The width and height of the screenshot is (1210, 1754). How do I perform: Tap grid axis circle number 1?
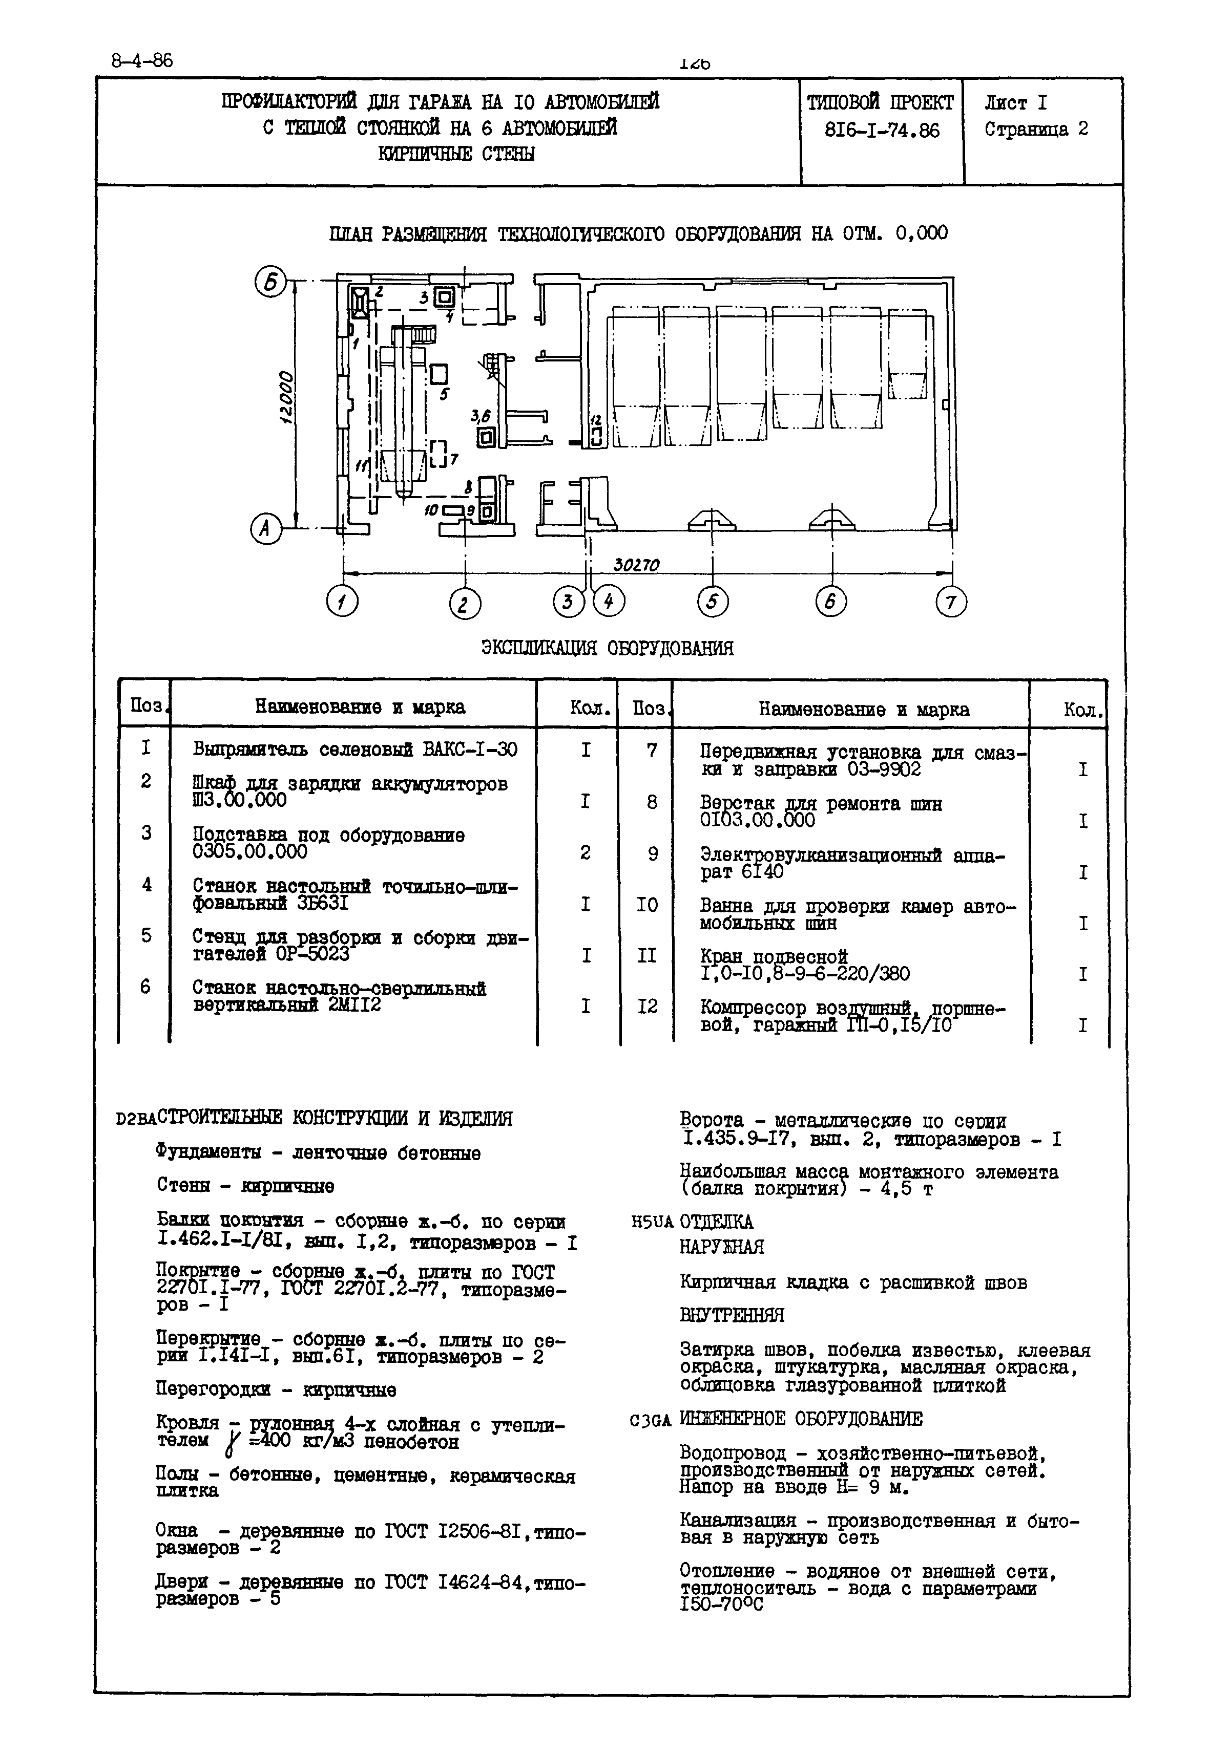click(342, 603)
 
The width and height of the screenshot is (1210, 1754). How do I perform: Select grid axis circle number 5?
click(712, 603)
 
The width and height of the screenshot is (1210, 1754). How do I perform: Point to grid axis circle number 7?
click(951, 603)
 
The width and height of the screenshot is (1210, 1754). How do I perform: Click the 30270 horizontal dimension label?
click(636, 565)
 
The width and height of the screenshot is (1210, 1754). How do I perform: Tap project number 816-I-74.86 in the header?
click(882, 131)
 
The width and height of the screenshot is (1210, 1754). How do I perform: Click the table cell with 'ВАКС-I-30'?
click(355, 750)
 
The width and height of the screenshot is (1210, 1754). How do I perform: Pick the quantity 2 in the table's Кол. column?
click(586, 852)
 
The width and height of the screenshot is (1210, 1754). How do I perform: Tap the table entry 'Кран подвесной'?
click(774, 957)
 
